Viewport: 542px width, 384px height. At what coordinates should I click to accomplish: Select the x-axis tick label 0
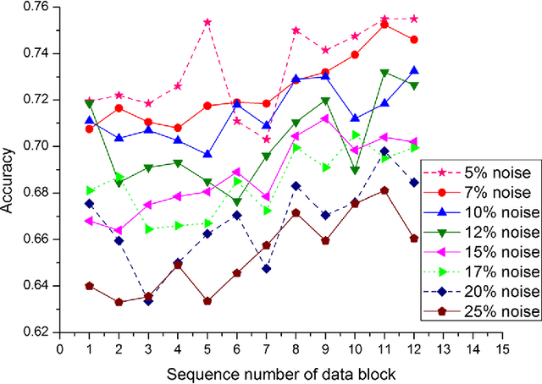coord(59,347)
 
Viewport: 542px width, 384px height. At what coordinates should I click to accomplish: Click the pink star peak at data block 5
coord(207,22)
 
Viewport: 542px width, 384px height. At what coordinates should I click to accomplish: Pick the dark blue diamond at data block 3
coord(149,301)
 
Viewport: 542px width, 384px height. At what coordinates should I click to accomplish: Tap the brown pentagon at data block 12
coord(414,239)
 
